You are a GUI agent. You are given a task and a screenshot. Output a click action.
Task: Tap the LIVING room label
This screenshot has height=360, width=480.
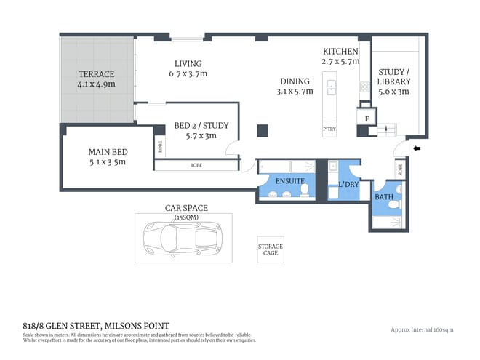click(188, 63)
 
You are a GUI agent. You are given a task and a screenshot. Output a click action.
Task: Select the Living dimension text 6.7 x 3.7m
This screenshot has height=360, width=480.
click(188, 73)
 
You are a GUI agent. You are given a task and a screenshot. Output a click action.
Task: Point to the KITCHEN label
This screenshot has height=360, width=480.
click(340, 52)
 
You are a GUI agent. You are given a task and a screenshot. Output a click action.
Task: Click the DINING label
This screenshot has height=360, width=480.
click(295, 81)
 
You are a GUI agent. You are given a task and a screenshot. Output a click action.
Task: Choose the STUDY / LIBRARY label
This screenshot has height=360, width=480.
click(393, 76)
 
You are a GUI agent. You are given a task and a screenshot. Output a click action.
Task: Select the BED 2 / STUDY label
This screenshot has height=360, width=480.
click(201, 126)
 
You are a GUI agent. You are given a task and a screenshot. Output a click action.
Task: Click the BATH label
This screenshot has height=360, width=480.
click(383, 197)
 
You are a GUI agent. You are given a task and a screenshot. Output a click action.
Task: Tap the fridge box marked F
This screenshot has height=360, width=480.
click(367, 117)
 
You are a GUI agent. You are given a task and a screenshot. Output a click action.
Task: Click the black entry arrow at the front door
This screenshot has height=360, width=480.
click(416, 149)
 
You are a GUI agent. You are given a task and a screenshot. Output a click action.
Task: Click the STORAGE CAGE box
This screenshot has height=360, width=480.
click(271, 250)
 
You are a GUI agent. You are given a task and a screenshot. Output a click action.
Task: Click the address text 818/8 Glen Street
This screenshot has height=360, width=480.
click(96, 325)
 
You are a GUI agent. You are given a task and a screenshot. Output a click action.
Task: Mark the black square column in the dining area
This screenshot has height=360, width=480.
click(262, 131)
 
